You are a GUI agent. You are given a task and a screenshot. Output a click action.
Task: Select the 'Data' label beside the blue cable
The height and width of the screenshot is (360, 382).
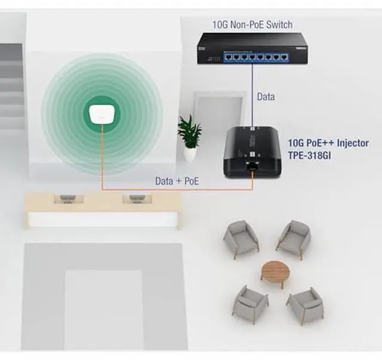point(266,96)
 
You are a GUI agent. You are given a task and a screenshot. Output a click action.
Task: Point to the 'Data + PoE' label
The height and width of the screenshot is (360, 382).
point(177,180)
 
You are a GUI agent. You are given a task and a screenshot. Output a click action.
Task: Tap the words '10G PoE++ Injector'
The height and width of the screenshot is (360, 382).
point(329,143)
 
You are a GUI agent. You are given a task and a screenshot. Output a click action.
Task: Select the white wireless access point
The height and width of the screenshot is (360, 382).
point(101,113)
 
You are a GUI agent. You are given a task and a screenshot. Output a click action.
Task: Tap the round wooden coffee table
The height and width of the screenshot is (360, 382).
point(276,270)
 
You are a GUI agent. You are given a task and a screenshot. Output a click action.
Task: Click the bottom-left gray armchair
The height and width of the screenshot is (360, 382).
point(250,304)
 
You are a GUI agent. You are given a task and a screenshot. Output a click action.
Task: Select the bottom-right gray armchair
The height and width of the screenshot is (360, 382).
point(304,304)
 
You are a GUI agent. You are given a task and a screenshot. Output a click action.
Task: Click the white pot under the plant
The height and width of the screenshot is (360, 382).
point(190,153)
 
